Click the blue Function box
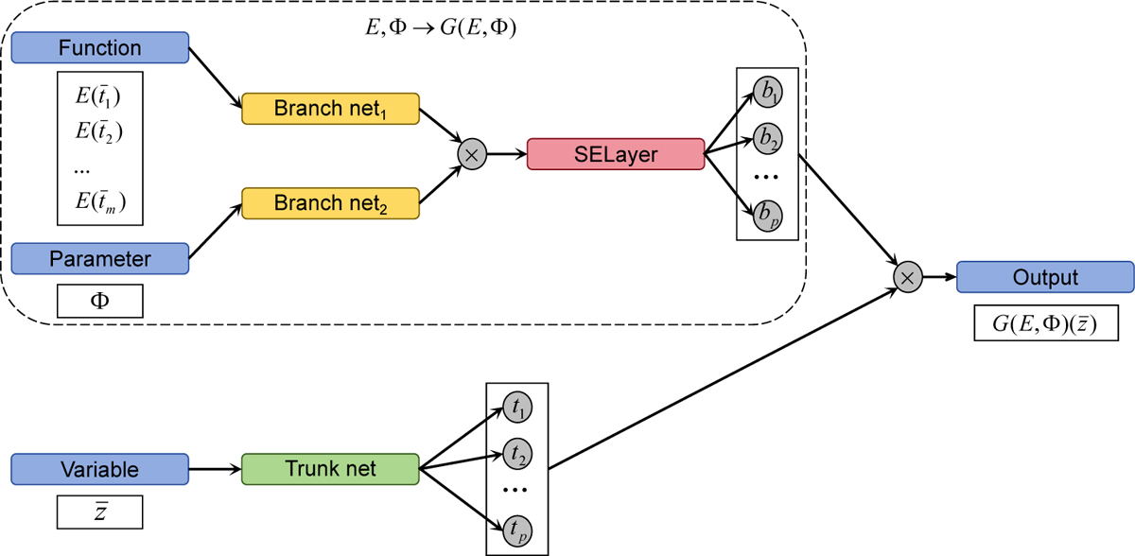[99, 47]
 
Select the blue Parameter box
[99, 257]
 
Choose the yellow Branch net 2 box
[330, 202]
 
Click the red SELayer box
[615, 154]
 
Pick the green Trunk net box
[330, 468]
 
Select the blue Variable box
[99, 469]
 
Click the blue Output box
[1044, 278]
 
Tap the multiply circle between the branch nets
[470, 154]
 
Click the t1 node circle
[517, 408]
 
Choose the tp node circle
[517, 529]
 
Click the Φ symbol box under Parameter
[99, 302]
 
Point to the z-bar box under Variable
[99, 513]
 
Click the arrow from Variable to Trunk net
[217, 468]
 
